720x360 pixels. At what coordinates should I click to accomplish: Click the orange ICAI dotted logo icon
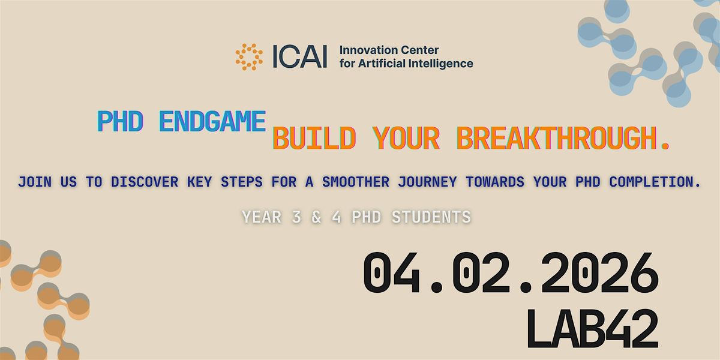[249, 56]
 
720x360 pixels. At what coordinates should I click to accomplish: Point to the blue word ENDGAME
[212, 122]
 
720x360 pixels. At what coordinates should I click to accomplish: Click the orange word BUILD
[314, 139]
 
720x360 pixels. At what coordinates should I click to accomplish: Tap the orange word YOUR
[406, 139]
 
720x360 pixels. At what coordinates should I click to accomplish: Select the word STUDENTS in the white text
[431, 217]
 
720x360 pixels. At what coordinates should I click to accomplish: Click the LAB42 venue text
[592, 328]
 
